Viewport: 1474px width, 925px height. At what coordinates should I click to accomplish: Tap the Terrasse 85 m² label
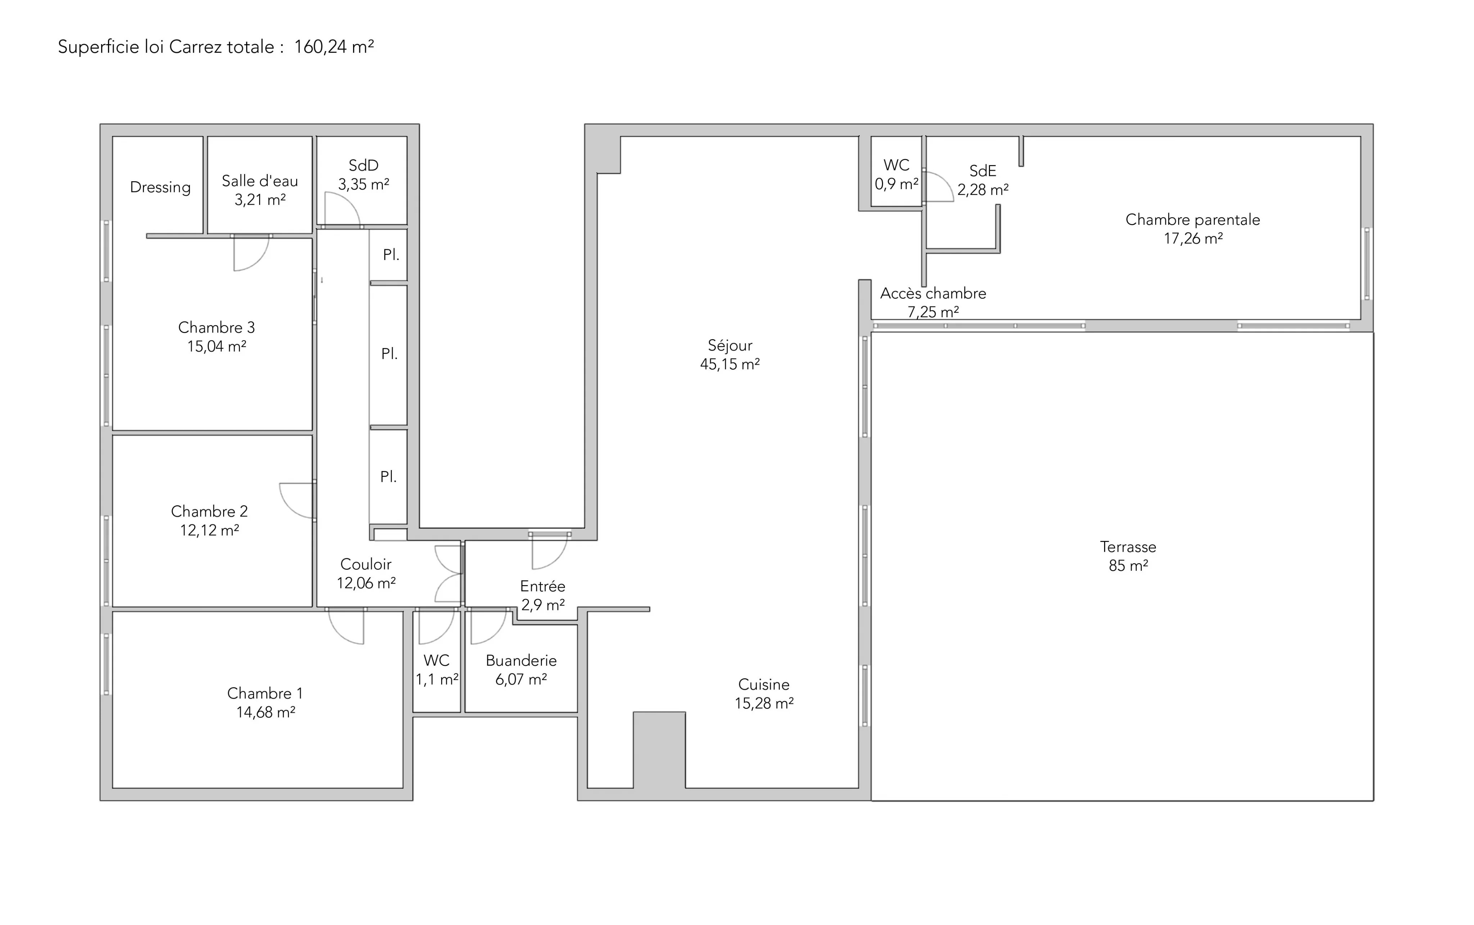1128,556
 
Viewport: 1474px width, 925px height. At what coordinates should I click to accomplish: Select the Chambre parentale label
1193,220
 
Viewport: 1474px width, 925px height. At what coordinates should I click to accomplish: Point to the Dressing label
160,188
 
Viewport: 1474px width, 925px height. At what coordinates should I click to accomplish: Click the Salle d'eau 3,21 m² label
260,190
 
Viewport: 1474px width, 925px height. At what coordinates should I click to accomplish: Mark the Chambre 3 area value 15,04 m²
217,347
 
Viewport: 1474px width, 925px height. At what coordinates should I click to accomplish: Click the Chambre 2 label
209,511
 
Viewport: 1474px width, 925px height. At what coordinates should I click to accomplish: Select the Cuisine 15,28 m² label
764,694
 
